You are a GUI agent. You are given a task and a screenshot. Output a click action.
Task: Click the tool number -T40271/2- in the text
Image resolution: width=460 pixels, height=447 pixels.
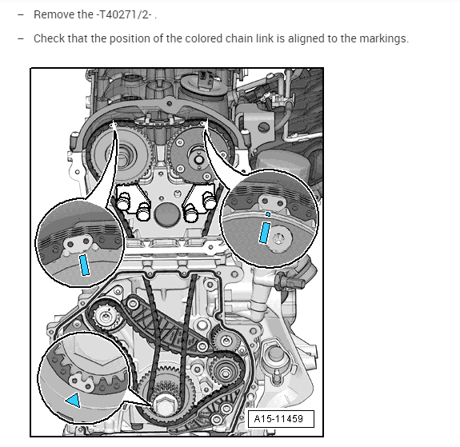pyautogui.click(x=124, y=14)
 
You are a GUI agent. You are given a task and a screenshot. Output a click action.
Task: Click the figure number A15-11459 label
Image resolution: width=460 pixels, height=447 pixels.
pyautogui.click(x=278, y=418)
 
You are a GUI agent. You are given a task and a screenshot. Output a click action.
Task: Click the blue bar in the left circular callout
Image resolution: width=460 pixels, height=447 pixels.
pyautogui.click(x=85, y=265)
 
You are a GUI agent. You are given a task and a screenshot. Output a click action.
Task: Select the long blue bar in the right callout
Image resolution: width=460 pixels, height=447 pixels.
pyautogui.click(x=264, y=233)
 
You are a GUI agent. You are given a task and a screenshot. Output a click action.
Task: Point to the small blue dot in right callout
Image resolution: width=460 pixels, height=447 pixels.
pyautogui.click(x=268, y=214)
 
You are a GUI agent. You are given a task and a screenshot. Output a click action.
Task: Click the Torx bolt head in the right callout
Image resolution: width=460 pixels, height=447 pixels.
pyautogui.click(x=279, y=239)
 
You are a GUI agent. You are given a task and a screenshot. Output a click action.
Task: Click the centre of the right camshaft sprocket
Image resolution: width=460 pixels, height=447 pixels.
pyautogui.click(x=198, y=160)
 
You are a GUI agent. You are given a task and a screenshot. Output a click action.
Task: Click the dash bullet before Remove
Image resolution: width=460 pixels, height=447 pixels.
pyautogui.click(x=21, y=14)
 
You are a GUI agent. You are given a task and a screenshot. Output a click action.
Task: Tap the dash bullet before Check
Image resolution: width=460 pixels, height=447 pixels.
pyautogui.click(x=21, y=38)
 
